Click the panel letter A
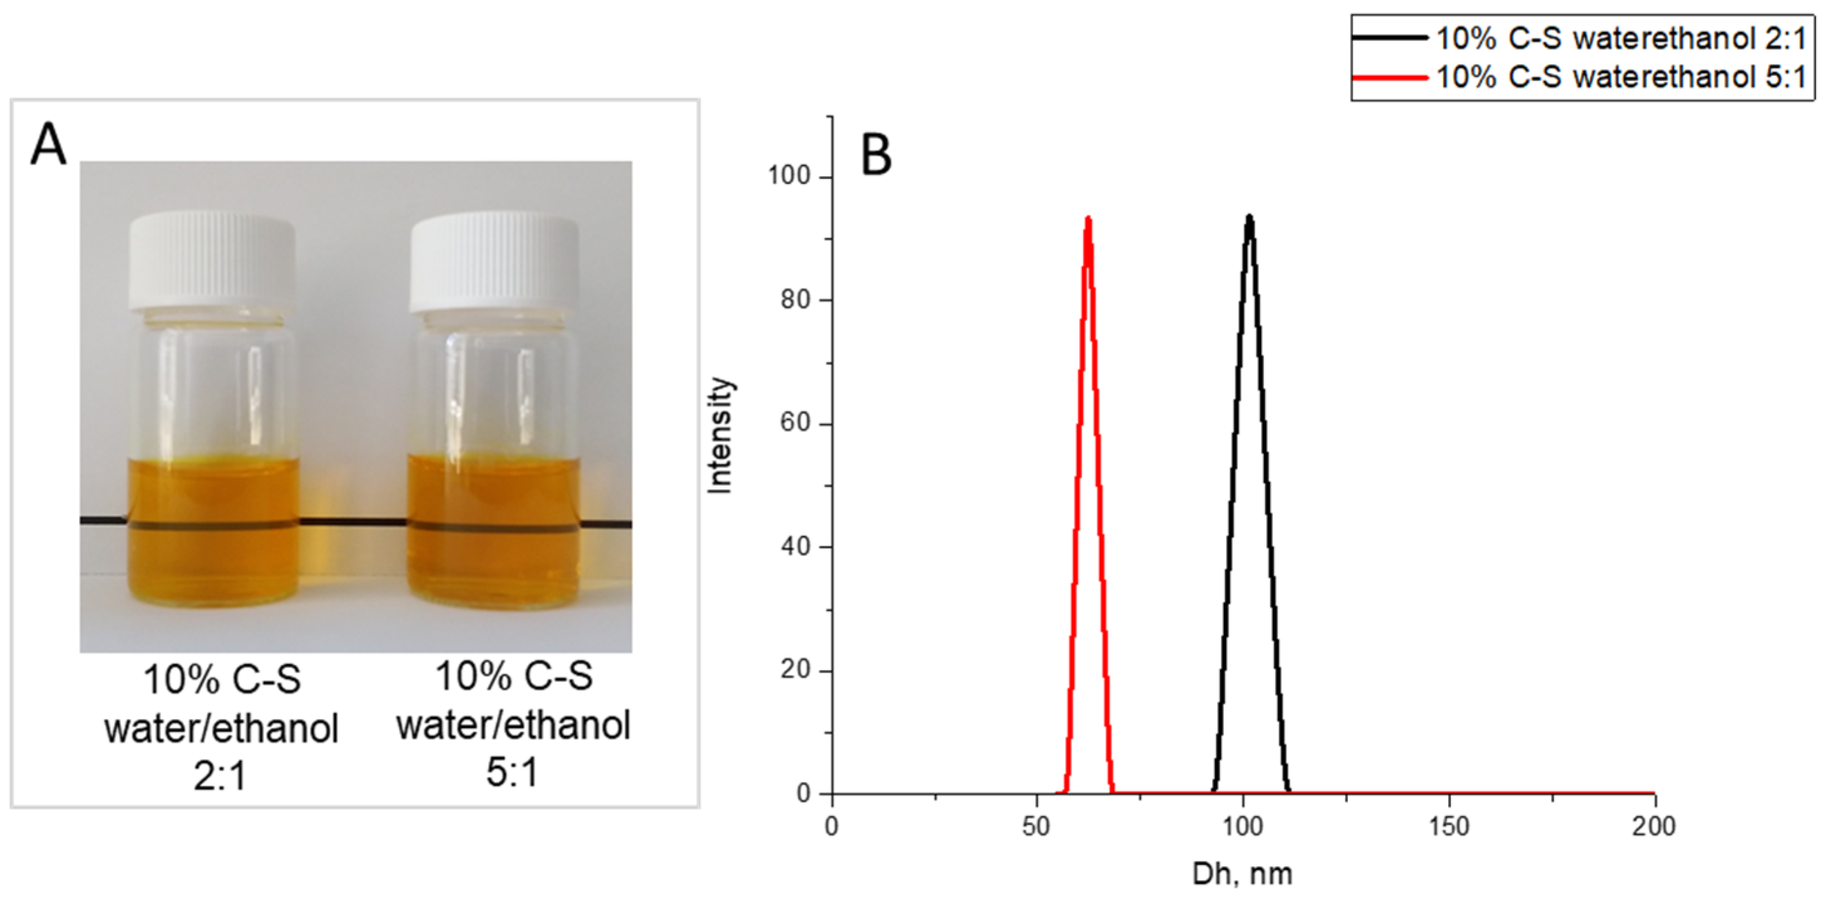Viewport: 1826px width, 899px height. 48,145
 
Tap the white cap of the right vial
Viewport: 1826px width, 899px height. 494,263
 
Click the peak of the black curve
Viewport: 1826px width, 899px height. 1250,217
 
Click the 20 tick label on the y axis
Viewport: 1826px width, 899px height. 795,670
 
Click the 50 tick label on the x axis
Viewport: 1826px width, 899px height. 1036,826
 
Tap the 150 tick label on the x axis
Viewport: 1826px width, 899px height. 1448,826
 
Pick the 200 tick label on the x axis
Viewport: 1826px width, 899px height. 1653,826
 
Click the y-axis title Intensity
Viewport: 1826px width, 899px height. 721,435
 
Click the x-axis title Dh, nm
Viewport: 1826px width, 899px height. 1242,873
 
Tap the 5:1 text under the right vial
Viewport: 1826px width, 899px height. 512,772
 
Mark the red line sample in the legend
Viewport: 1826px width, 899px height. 1389,77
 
